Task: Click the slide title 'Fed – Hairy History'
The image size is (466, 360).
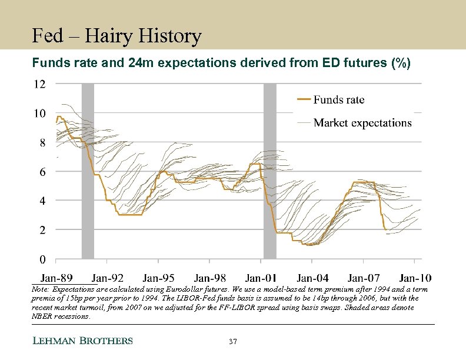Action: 116,37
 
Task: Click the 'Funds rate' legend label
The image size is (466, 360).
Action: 338,100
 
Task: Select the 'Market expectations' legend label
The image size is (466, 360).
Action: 362,122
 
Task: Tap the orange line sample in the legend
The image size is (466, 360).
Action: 302,100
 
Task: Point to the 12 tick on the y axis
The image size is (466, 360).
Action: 38,84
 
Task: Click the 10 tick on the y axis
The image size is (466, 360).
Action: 38,114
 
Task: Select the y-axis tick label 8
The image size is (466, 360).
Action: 41,142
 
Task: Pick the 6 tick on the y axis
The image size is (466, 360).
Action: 41,172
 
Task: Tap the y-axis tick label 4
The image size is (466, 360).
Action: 41,201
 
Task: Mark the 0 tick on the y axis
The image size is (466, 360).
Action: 41,259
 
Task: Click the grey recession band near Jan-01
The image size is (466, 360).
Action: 269,171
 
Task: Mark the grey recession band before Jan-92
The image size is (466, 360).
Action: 88,171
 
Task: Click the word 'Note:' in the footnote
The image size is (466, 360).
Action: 40,290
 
